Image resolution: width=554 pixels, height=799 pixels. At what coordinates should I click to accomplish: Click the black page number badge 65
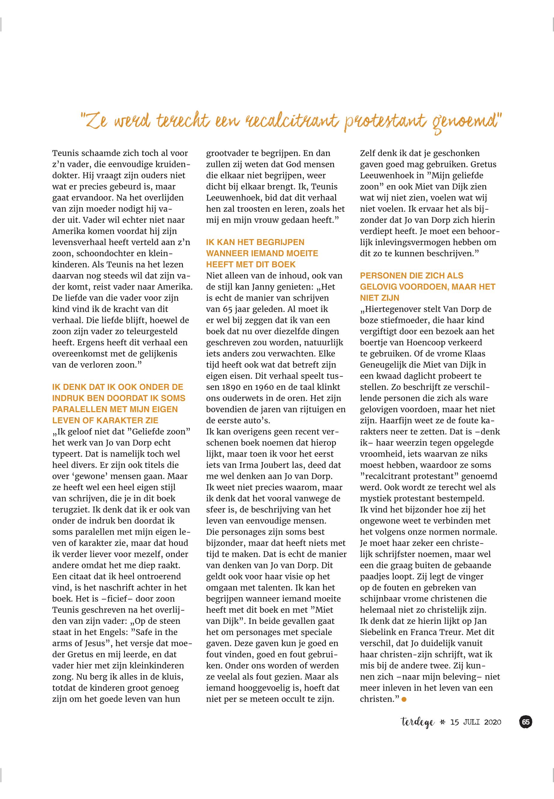click(x=525, y=722)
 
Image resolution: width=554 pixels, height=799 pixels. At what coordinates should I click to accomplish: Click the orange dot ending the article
click(x=404, y=699)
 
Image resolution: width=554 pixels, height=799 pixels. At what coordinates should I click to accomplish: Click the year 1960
click(x=276, y=387)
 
